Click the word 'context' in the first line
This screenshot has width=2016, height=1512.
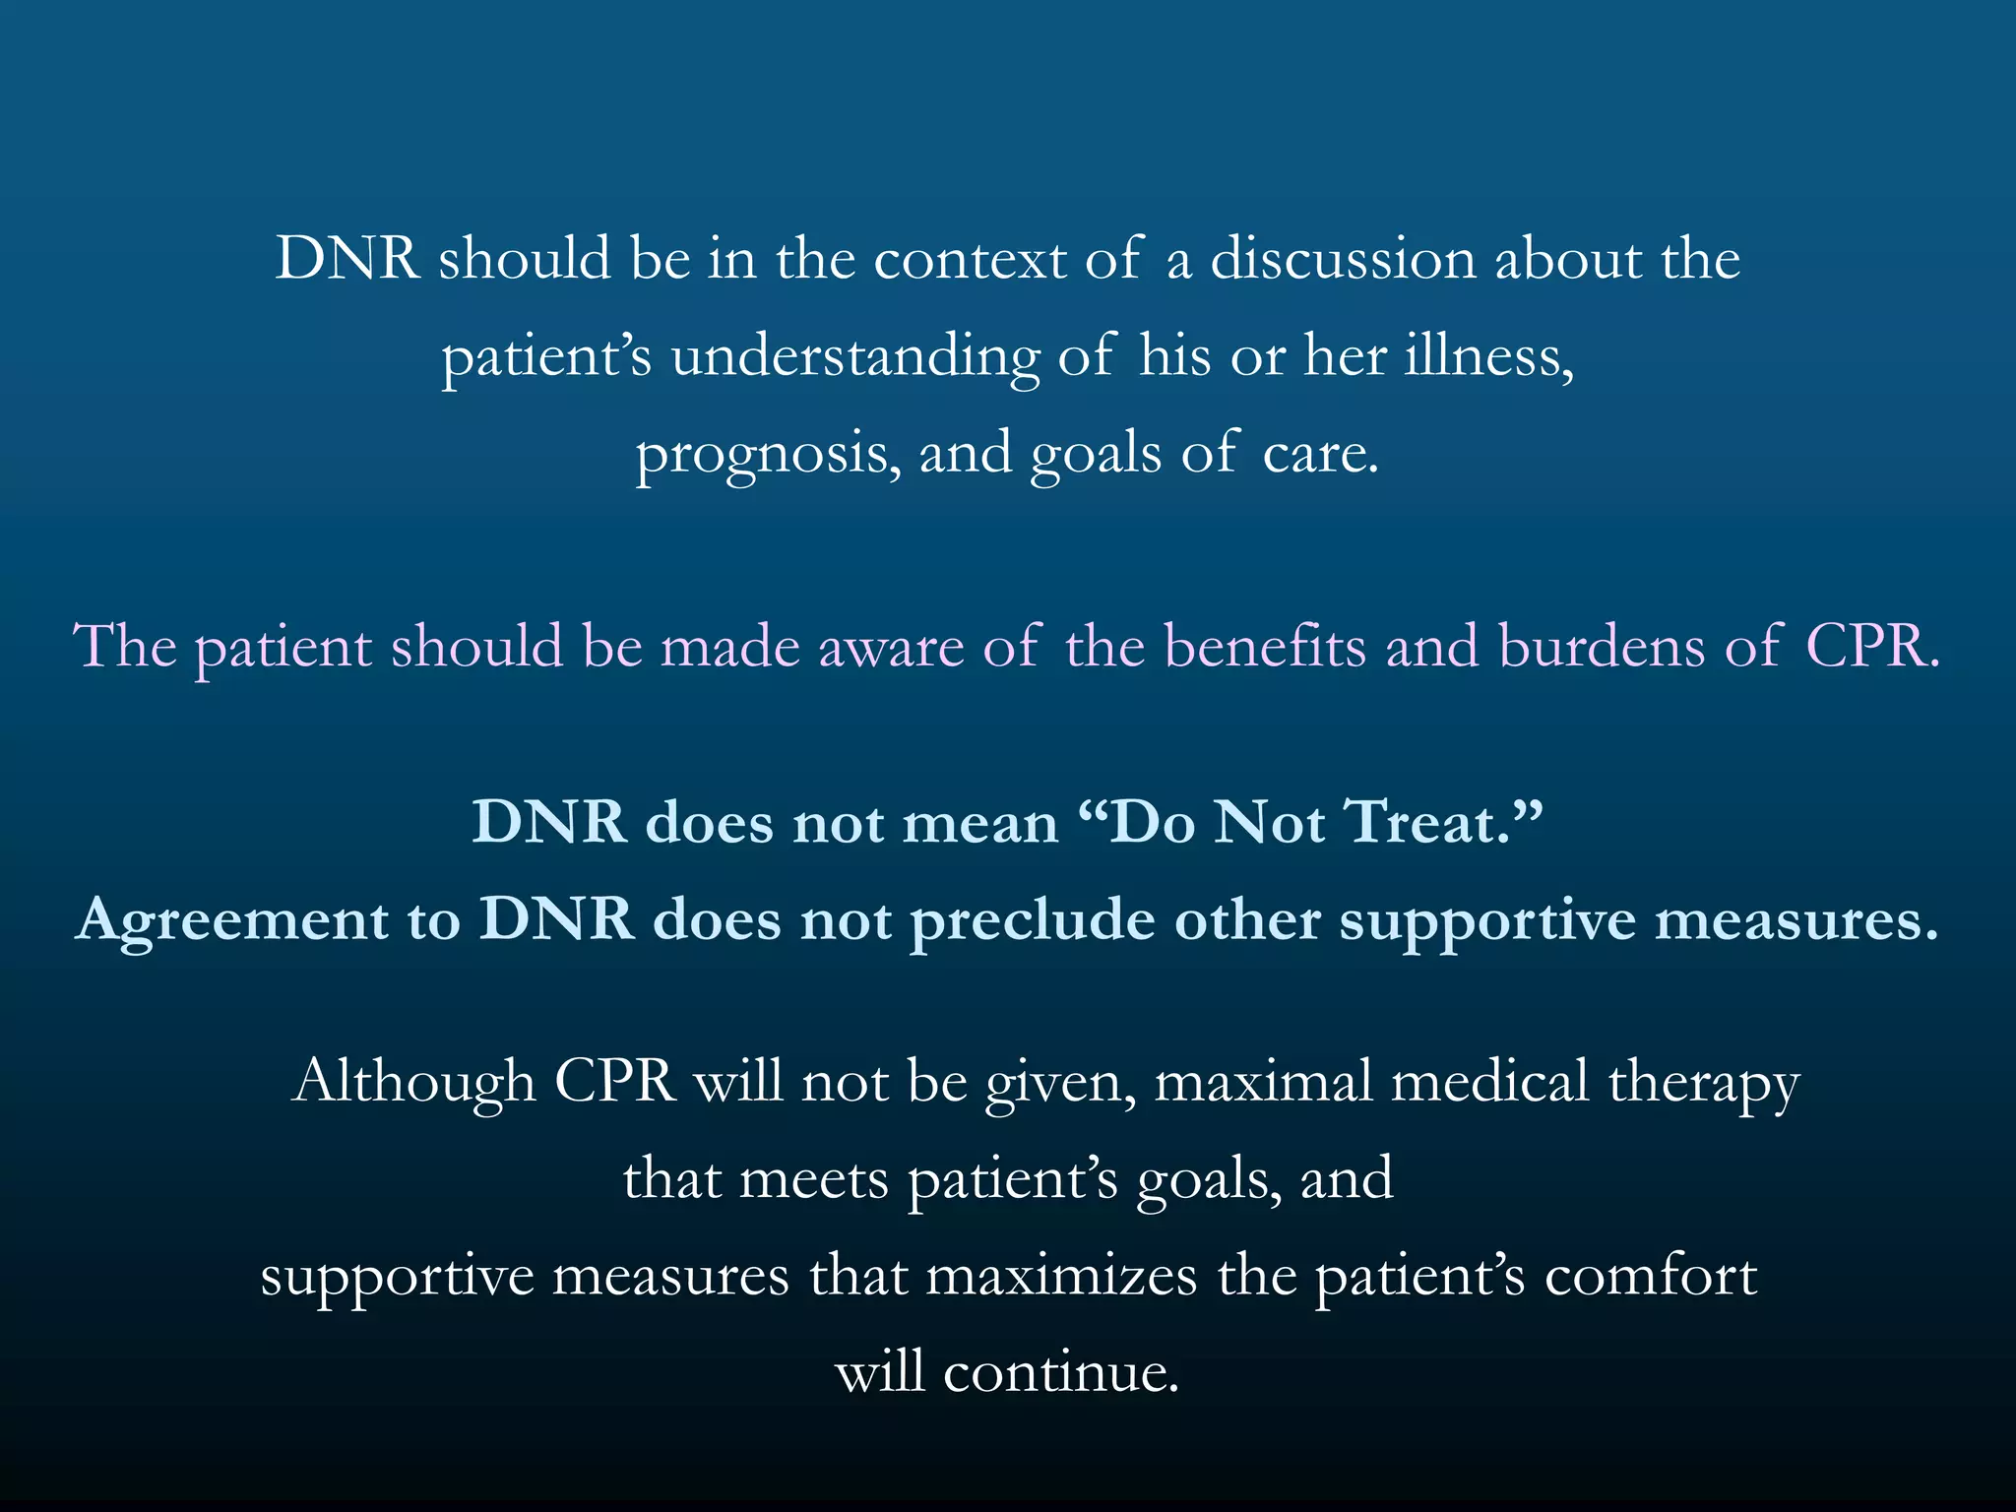tap(970, 260)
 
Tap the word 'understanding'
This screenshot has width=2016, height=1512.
tap(854, 356)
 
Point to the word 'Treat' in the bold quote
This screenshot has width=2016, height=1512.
tap(1422, 823)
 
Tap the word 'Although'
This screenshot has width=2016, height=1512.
tap(413, 1082)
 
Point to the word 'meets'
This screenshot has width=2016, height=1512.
tap(813, 1178)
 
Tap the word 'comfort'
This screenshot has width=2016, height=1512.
tap(1651, 1277)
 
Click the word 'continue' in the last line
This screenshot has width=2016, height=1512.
tap(1059, 1372)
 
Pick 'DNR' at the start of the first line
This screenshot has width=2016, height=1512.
tap(346, 260)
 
